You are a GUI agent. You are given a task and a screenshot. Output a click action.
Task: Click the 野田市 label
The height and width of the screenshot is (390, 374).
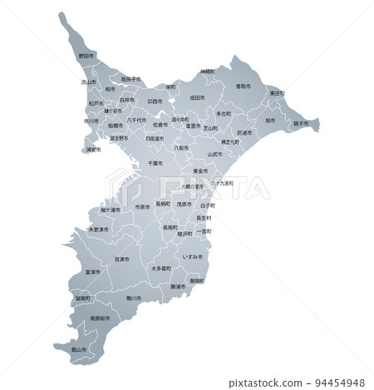[x=85, y=57]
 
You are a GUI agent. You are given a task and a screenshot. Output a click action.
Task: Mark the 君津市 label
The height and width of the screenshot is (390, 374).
[x=121, y=259]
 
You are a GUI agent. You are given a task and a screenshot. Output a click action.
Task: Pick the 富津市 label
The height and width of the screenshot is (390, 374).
[x=91, y=272]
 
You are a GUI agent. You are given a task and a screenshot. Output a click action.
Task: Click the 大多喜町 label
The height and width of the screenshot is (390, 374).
[x=161, y=269]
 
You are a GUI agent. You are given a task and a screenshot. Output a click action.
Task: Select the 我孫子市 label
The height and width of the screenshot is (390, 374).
[x=131, y=79]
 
